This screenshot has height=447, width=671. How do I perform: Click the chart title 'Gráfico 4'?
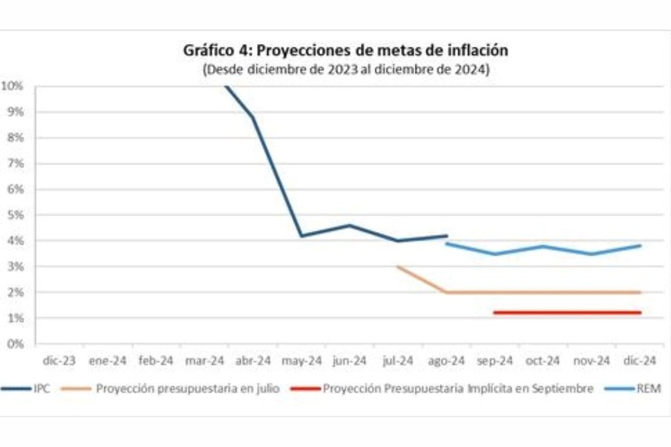coord(346,51)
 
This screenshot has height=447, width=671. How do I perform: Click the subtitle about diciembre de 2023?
coord(346,69)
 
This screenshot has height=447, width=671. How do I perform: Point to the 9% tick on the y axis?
coord(15,113)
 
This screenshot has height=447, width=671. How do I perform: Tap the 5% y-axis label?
coord(15,215)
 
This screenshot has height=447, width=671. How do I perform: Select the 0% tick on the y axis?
coord(15,344)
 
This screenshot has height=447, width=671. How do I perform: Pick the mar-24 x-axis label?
coord(205,360)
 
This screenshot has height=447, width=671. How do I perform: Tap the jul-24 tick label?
coord(398,360)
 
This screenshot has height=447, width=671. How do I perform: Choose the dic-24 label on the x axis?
coord(639,360)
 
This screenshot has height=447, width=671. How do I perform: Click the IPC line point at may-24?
coord(301,236)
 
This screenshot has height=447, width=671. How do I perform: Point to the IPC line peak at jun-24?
coord(349,225)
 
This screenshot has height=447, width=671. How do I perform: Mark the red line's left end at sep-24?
coord(494,313)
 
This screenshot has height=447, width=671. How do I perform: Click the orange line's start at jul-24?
coord(398,267)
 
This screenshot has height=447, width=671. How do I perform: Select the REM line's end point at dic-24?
coord(639,246)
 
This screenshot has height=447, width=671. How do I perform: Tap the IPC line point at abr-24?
coord(253,117)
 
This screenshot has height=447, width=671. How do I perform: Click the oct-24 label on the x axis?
coord(543,360)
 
